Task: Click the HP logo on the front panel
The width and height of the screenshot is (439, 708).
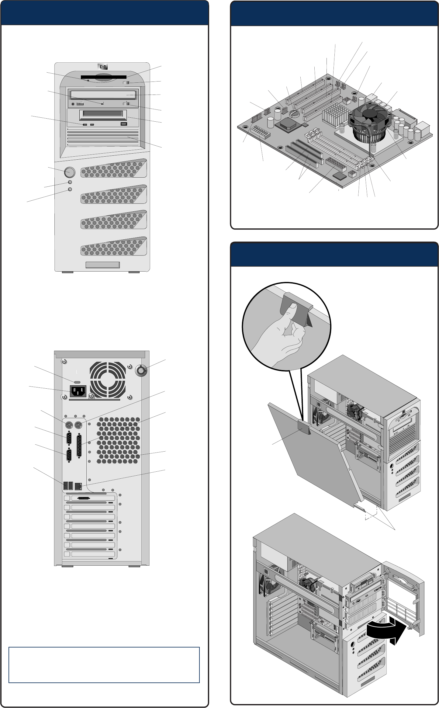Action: click(x=103, y=67)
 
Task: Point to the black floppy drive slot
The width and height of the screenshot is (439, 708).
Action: click(x=103, y=77)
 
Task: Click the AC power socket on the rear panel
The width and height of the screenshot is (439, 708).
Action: click(x=78, y=391)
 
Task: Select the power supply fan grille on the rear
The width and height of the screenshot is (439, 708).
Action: click(x=108, y=380)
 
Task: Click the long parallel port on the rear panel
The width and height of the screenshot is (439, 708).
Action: click(x=79, y=446)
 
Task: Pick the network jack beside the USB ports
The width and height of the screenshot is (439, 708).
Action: click(x=78, y=486)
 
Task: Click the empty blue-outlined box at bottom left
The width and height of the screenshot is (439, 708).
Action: click(x=104, y=665)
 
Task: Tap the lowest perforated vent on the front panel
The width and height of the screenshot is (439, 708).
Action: click(x=114, y=246)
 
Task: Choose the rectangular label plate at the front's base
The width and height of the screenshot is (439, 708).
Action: click(x=102, y=265)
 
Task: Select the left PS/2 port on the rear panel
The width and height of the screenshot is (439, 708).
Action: click(x=69, y=425)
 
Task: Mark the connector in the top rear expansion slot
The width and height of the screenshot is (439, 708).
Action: click(x=84, y=498)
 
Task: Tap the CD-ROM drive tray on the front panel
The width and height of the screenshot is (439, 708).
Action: click(x=103, y=95)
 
